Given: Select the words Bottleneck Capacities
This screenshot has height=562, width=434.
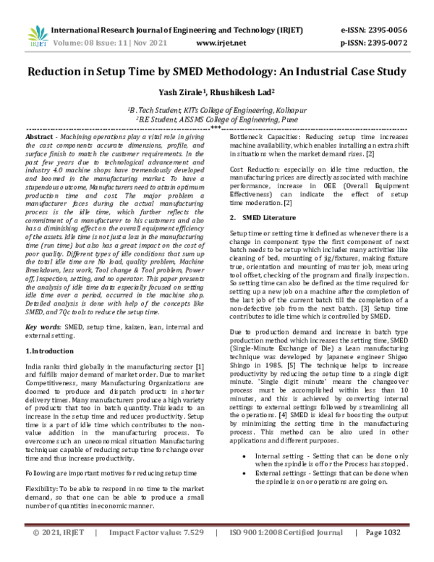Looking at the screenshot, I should pyautogui.click(x=260, y=137).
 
